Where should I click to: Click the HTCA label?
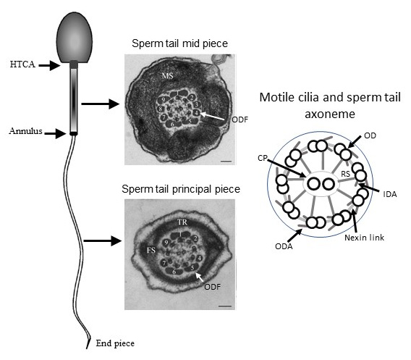[x=22, y=64]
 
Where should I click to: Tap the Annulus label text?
[x=26, y=131]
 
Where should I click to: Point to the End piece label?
[x=115, y=343]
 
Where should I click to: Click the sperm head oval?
[x=75, y=38]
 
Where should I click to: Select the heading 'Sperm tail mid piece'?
[x=179, y=43]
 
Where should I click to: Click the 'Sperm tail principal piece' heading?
[x=181, y=189]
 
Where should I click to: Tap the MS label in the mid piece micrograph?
[x=167, y=76]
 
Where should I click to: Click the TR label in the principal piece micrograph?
[x=182, y=222]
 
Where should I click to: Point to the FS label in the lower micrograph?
[x=151, y=251]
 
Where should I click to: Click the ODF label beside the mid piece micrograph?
[x=240, y=120]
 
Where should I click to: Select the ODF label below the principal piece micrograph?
[x=213, y=287]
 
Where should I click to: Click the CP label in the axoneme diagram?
[x=263, y=158]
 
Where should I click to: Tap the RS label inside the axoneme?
[x=345, y=174]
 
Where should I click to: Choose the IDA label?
[x=390, y=194]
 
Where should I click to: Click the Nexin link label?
[x=365, y=238]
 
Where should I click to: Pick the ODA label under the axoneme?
[x=284, y=246]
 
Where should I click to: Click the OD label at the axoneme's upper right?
[x=370, y=135]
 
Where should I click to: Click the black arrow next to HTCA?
[x=50, y=65]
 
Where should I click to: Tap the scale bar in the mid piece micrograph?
[x=226, y=161]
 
